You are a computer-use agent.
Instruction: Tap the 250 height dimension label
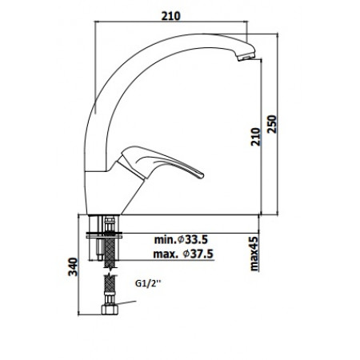pyautogui.click(x=273, y=123)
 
